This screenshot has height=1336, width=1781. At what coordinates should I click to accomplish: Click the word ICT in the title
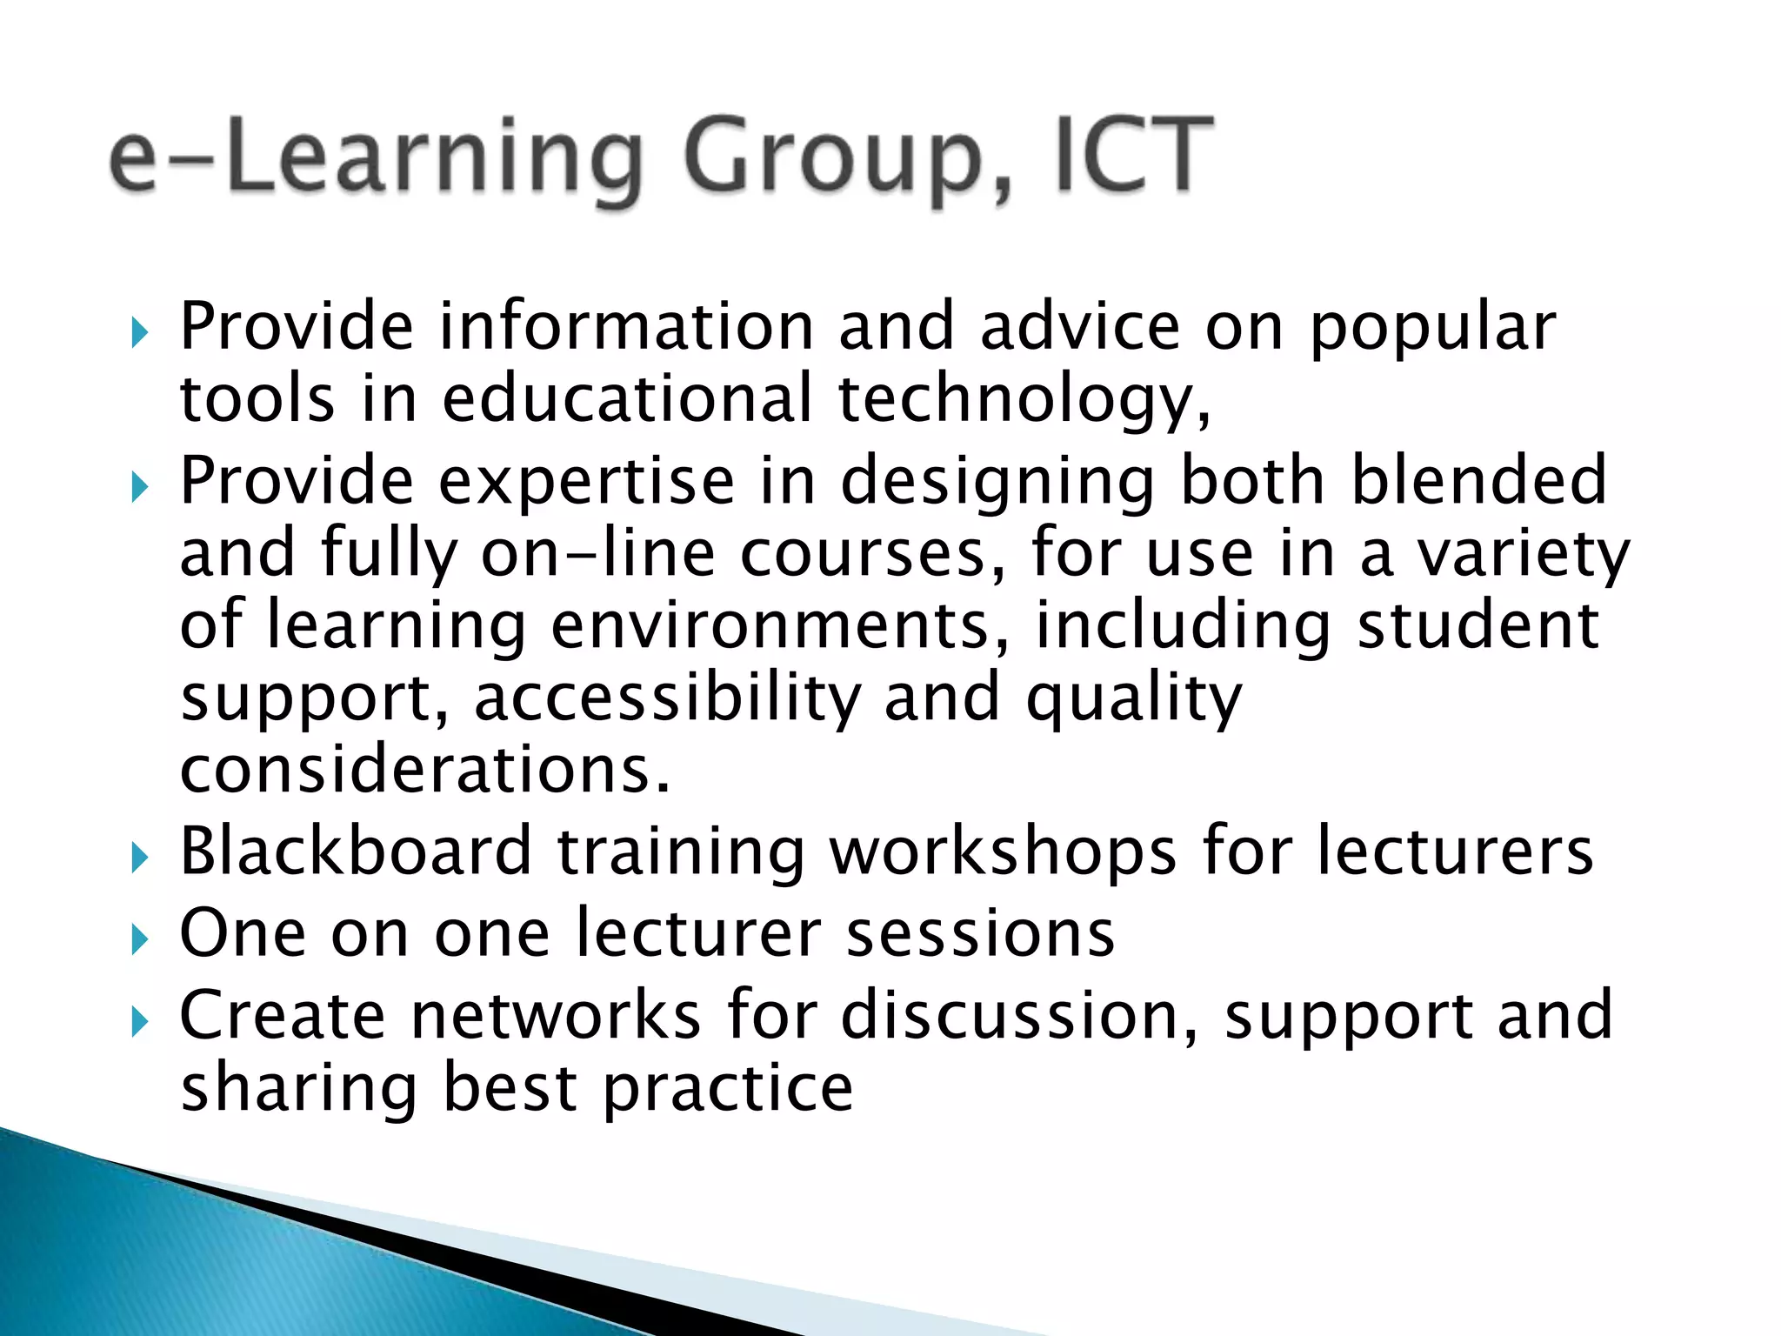click(x=1135, y=157)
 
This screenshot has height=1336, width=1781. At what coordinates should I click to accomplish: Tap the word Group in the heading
click(x=848, y=161)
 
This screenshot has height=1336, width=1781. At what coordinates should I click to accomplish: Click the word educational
click(x=627, y=398)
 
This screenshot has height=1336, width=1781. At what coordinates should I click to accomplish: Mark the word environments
click(x=780, y=626)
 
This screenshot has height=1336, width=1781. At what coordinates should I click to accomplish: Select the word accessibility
click(x=667, y=698)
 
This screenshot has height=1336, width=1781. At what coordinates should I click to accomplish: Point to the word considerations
click(x=425, y=769)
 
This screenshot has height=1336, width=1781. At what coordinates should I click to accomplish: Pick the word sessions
click(x=980, y=933)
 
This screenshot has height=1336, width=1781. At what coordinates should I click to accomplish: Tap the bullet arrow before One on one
click(x=140, y=939)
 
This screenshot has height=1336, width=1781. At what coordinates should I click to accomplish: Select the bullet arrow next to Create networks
click(x=140, y=1022)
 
